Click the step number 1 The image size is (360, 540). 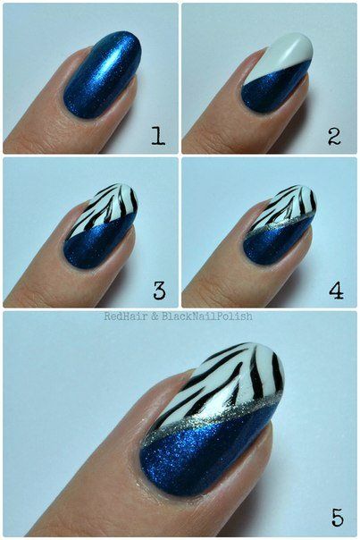coord(157,137)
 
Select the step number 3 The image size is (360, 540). coord(159,290)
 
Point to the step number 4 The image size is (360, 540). coord(336,290)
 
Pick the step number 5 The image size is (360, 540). coord(337,516)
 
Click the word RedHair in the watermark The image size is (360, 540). coord(126,316)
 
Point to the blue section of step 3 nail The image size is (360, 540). coord(94,246)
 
